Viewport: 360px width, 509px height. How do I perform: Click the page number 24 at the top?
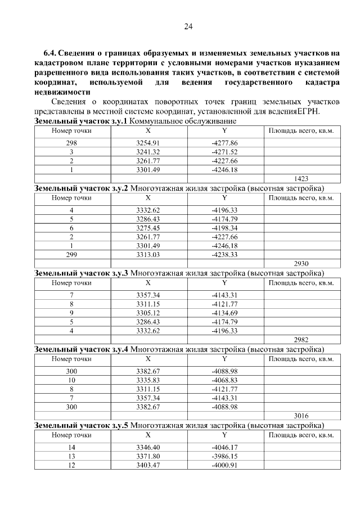(x=188, y=26)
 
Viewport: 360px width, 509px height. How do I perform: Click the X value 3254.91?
(x=148, y=143)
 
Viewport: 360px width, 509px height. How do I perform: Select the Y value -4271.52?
(x=224, y=152)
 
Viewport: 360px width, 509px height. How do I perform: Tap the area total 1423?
(x=301, y=178)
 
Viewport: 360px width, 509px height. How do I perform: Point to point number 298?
(x=71, y=143)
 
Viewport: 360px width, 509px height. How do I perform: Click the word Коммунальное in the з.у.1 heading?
(x=154, y=121)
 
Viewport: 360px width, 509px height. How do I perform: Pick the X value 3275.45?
(x=148, y=228)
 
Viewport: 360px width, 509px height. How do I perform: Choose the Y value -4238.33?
(x=224, y=254)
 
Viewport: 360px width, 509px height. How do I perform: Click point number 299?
(x=71, y=254)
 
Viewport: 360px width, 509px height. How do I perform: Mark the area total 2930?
(x=301, y=263)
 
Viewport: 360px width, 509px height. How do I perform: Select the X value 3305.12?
(x=148, y=313)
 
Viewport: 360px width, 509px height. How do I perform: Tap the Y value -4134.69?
(x=224, y=313)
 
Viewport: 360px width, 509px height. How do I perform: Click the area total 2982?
(x=301, y=340)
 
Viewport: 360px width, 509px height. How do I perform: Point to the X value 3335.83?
(x=148, y=381)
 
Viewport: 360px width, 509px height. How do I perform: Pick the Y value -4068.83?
(x=224, y=381)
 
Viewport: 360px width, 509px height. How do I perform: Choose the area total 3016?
(x=301, y=416)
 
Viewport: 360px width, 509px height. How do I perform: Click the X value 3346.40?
(x=148, y=448)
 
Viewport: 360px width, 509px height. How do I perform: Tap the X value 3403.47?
(x=148, y=465)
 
